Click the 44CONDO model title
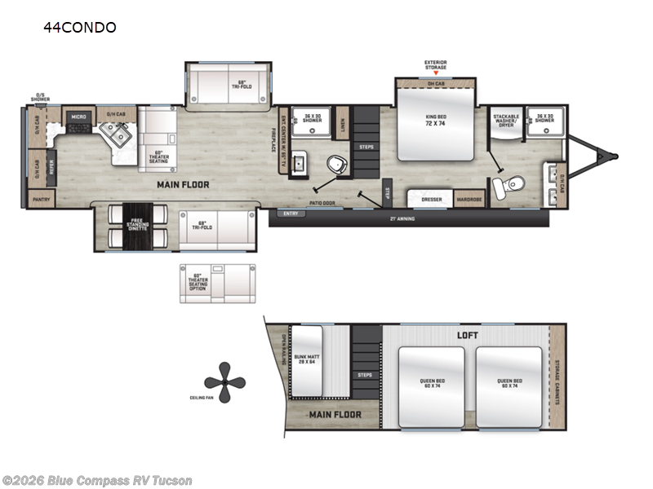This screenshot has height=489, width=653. tap(80, 28)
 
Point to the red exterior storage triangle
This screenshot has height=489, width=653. tap(435, 73)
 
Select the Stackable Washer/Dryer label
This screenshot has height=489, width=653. tap(506, 121)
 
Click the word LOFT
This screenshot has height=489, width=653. tap(468, 335)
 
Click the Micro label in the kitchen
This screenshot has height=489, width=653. tap(79, 117)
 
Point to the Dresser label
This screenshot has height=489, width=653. tap(432, 199)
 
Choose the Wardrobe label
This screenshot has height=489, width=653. tap(469, 199)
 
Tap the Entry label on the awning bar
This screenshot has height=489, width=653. tap(290, 214)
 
